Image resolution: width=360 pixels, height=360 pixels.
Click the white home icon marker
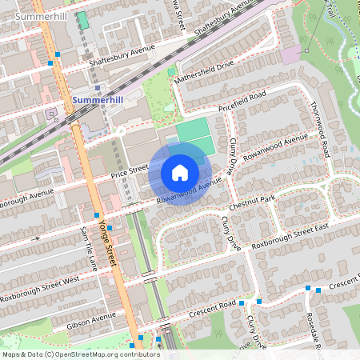tap(180, 173)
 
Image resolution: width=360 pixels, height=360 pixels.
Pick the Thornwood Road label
tap(320, 128)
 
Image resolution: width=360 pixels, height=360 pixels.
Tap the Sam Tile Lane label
tap(87, 247)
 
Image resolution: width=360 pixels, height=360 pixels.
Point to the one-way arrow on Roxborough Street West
tap(36, 238)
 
